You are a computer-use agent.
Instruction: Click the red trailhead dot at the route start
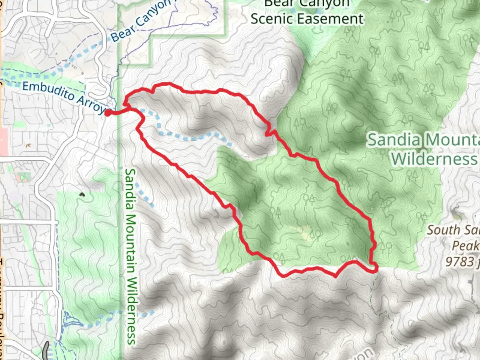(108, 113)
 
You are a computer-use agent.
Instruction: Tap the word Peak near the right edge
(465, 246)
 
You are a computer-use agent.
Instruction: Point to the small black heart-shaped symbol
(82, 194)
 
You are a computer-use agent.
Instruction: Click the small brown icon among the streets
(28, 145)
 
